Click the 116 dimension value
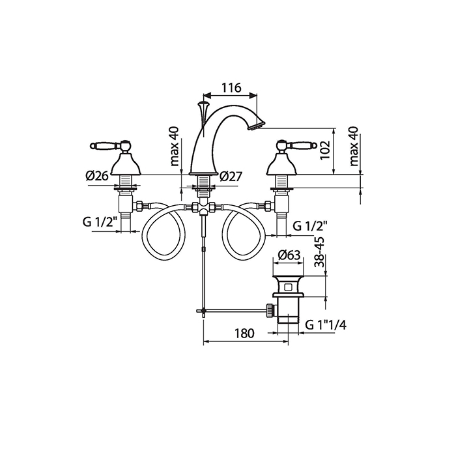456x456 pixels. [x=231, y=87]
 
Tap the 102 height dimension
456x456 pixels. [x=325, y=150]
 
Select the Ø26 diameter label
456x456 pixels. [x=96, y=176]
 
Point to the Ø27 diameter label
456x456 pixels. [x=231, y=176]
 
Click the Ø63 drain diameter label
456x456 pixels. [x=289, y=255]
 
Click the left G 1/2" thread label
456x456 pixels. [x=100, y=222]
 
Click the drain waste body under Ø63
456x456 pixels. [x=288, y=296]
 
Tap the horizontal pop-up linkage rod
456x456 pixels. [x=235, y=311]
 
